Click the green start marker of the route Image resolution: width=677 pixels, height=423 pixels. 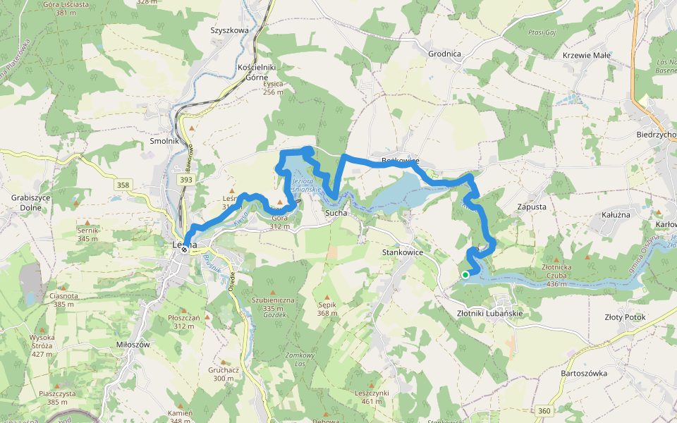coord(465,275)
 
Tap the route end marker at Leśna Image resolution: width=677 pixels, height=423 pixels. coord(184,249)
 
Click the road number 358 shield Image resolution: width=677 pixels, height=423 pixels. coord(123,185)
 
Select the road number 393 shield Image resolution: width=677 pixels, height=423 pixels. coord(186,180)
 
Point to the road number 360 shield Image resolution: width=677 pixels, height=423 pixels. coord(543,410)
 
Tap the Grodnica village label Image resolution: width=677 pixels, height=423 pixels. coord(444,53)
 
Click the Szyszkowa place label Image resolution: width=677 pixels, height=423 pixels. coord(230,31)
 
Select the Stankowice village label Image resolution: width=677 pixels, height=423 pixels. coord(402,251)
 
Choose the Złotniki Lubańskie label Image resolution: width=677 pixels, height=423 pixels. coord(489,312)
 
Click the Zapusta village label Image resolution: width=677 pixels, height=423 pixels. coord(531,207)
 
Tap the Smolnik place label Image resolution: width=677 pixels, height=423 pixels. coord(164,141)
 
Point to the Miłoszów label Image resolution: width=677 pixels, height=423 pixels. coord(133,344)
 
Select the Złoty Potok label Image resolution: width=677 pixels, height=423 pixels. coord(624,317)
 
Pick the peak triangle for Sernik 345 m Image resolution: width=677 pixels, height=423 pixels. coord(87,222)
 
